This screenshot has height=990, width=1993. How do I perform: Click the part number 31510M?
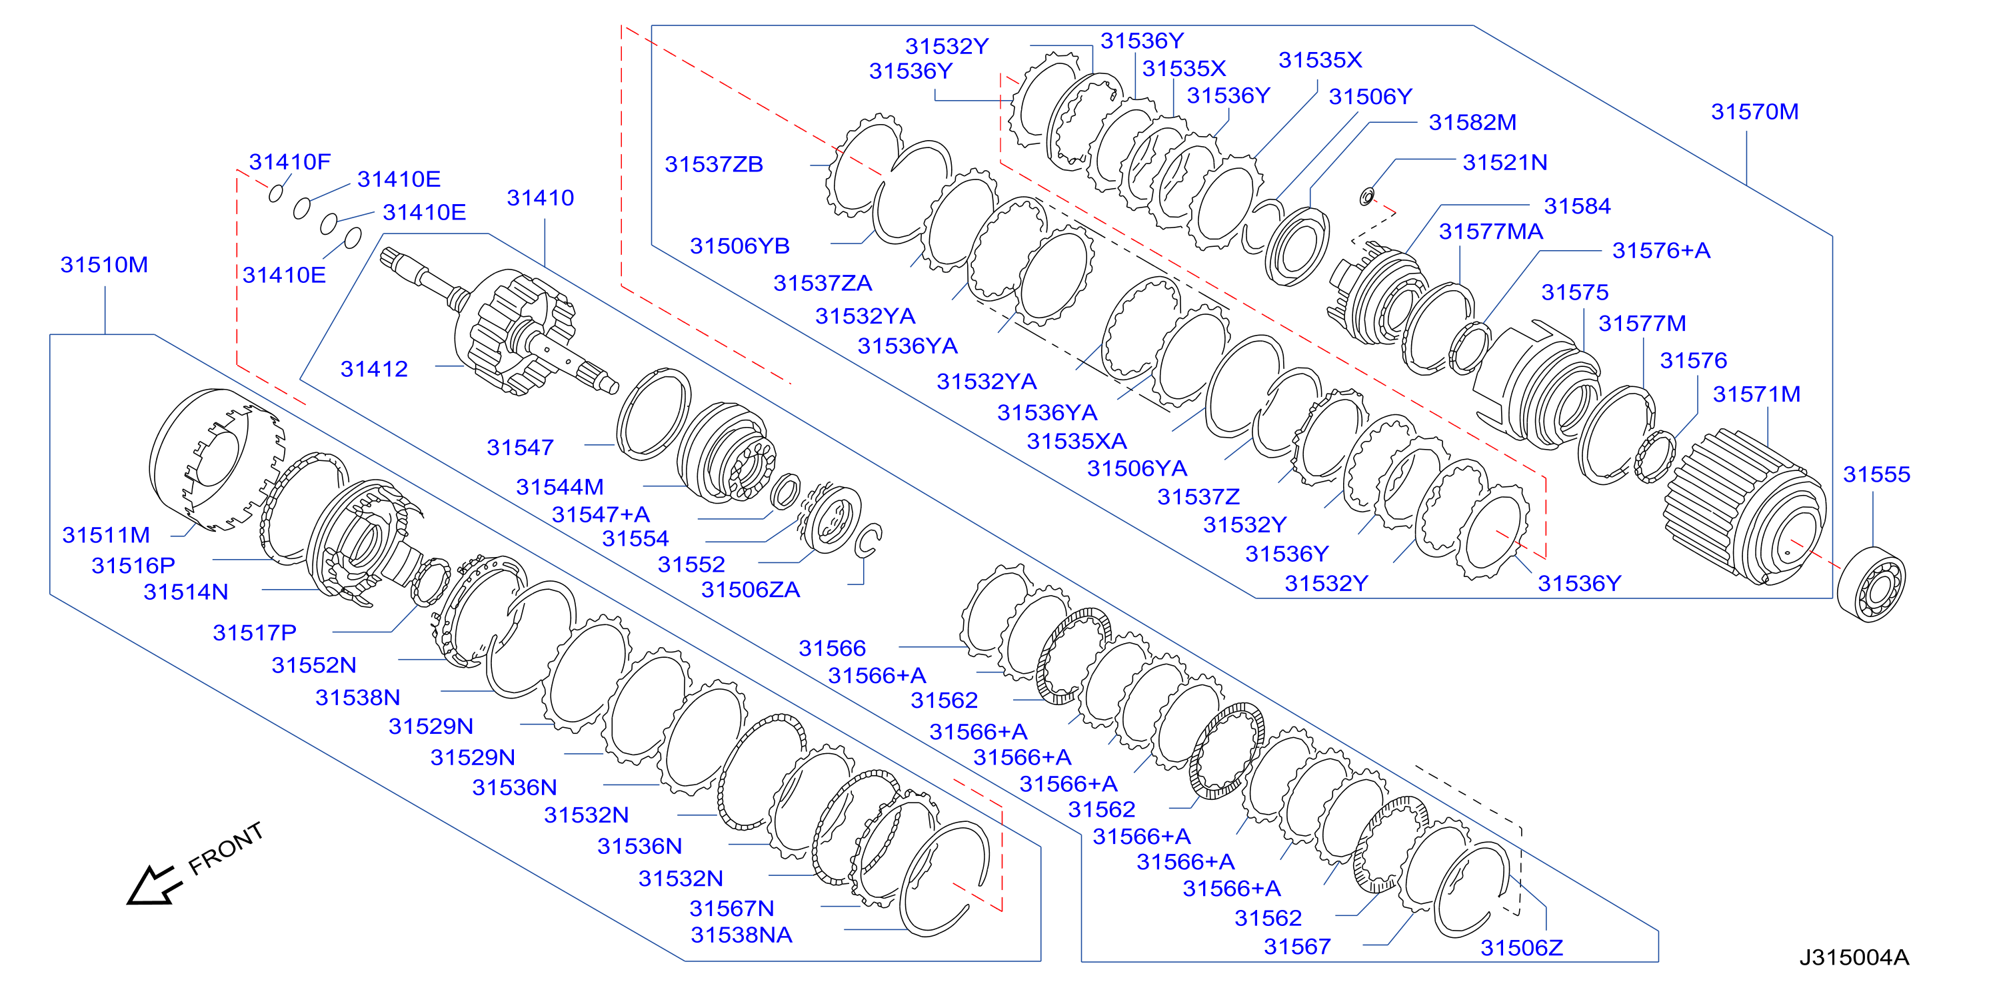[105, 265]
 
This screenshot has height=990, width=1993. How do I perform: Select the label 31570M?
[1754, 111]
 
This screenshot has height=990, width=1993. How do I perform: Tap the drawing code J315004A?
[1854, 957]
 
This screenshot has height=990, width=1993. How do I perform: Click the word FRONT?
[226, 849]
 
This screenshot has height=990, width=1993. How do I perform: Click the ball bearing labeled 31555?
[1871, 584]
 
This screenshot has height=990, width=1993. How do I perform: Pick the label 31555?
[1876, 474]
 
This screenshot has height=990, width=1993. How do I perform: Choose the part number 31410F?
[289, 161]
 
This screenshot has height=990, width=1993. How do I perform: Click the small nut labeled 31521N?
[1367, 197]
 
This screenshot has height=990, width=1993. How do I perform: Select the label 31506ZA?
[751, 590]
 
